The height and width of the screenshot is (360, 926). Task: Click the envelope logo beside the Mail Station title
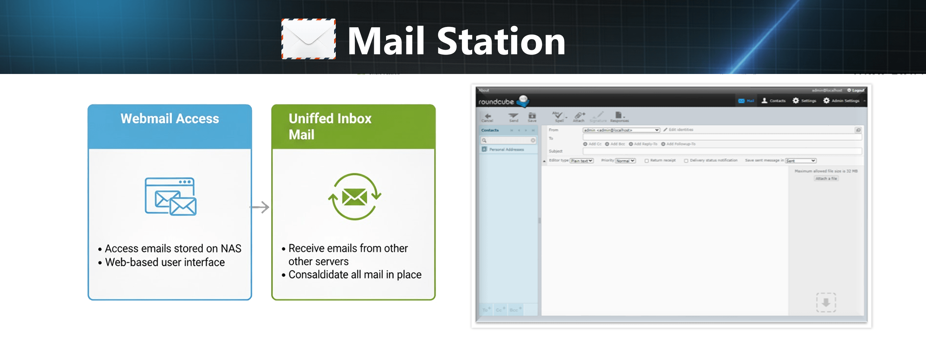[308, 39]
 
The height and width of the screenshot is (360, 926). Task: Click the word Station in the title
[501, 42]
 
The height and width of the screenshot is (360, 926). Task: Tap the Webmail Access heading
[170, 119]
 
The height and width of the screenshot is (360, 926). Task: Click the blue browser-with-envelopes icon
[170, 197]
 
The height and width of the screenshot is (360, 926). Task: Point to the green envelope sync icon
[354, 197]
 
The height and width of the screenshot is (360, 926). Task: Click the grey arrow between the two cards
[259, 207]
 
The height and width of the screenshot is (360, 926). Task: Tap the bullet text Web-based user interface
[165, 263]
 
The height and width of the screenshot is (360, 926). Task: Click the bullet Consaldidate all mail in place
[355, 275]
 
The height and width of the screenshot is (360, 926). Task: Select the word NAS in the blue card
[231, 249]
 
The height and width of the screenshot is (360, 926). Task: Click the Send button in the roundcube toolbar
[513, 117]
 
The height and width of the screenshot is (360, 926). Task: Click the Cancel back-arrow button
[487, 117]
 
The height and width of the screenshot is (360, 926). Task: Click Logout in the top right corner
[856, 90]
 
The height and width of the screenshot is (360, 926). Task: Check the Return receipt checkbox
[647, 160]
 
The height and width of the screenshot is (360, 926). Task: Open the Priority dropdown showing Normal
[625, 160]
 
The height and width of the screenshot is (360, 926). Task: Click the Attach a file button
[826, 179]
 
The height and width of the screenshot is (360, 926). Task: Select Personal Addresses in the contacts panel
[506, 150]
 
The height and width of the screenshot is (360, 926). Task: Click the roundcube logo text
[496, 102]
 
